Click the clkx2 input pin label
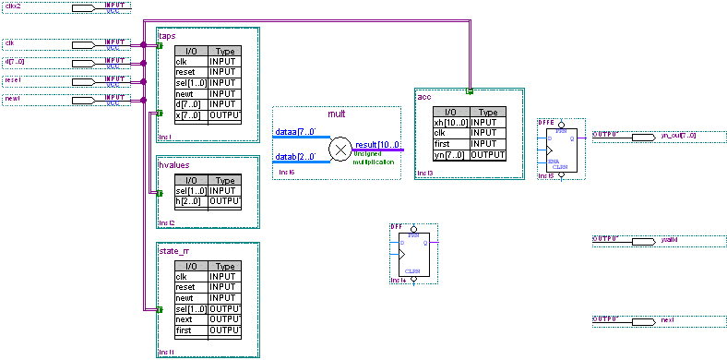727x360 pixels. [12, 6]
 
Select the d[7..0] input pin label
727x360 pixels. [15, 62]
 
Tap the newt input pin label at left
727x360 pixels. [12, 98]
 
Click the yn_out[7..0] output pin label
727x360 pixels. [678, 135]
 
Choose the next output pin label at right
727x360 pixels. [667, 319]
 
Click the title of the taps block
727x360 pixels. [167, 35]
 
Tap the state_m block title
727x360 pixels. [174, 250]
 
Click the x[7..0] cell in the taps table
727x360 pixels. [190, 115]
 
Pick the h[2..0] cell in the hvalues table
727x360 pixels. [190, 200]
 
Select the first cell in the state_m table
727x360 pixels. [190, 330]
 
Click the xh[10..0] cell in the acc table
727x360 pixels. [451, 122]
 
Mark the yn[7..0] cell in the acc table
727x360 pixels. [451, 154]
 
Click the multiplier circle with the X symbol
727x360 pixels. [340, 148]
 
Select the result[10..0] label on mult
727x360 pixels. [377, 144]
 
